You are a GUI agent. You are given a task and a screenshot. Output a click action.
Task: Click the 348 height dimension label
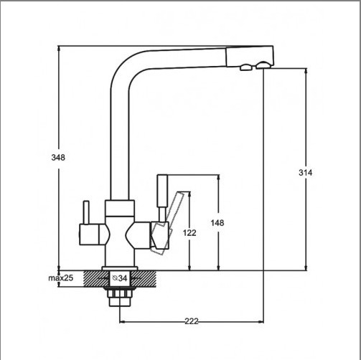pyautogui.click(x=58, y=158)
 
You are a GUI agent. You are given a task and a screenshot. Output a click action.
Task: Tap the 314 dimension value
pyautogui.click(x=305, y=173)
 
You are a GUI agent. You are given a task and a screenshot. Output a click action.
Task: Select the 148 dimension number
pyautogui.click(x=217, y=223)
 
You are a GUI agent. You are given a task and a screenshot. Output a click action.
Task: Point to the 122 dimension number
pyautogui.click(x=189, y=232)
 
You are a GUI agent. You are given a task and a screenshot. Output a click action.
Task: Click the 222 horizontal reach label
pyautogui.click(x=192, y=321)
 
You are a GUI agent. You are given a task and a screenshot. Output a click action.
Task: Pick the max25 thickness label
pyautogui.click(x=60, y=278)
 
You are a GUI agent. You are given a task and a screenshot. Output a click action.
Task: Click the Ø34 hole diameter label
pyautogui.click(x=120, y=278)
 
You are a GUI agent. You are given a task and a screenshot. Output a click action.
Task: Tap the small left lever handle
pyautogui.click(x=86, y=212)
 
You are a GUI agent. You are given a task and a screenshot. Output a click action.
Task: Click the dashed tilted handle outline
pyautogui.click(x=167, y=222)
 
